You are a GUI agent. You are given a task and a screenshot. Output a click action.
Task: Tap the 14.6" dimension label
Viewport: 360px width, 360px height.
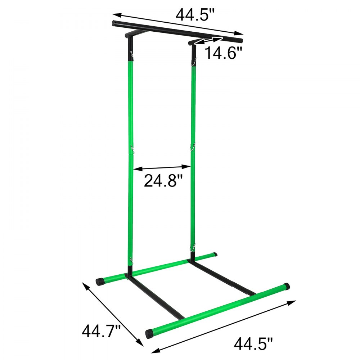tap(222, 54)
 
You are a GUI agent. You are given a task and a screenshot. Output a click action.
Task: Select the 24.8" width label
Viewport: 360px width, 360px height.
tap(161, 180)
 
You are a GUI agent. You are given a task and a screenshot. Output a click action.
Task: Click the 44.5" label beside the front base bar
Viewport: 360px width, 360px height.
tap(253, 343)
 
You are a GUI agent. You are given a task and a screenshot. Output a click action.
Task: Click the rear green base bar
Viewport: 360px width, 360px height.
tap(158, 268)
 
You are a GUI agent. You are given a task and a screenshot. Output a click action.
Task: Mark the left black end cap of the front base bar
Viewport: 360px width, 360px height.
tap(149, 333)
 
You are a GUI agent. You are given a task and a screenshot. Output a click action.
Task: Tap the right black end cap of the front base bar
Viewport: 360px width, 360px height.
tap(287, 287)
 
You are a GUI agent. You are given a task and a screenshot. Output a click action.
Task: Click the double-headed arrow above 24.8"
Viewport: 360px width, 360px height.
tap(162, 167)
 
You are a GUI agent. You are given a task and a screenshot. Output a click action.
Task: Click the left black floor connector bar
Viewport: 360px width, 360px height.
tap(155, 297)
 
